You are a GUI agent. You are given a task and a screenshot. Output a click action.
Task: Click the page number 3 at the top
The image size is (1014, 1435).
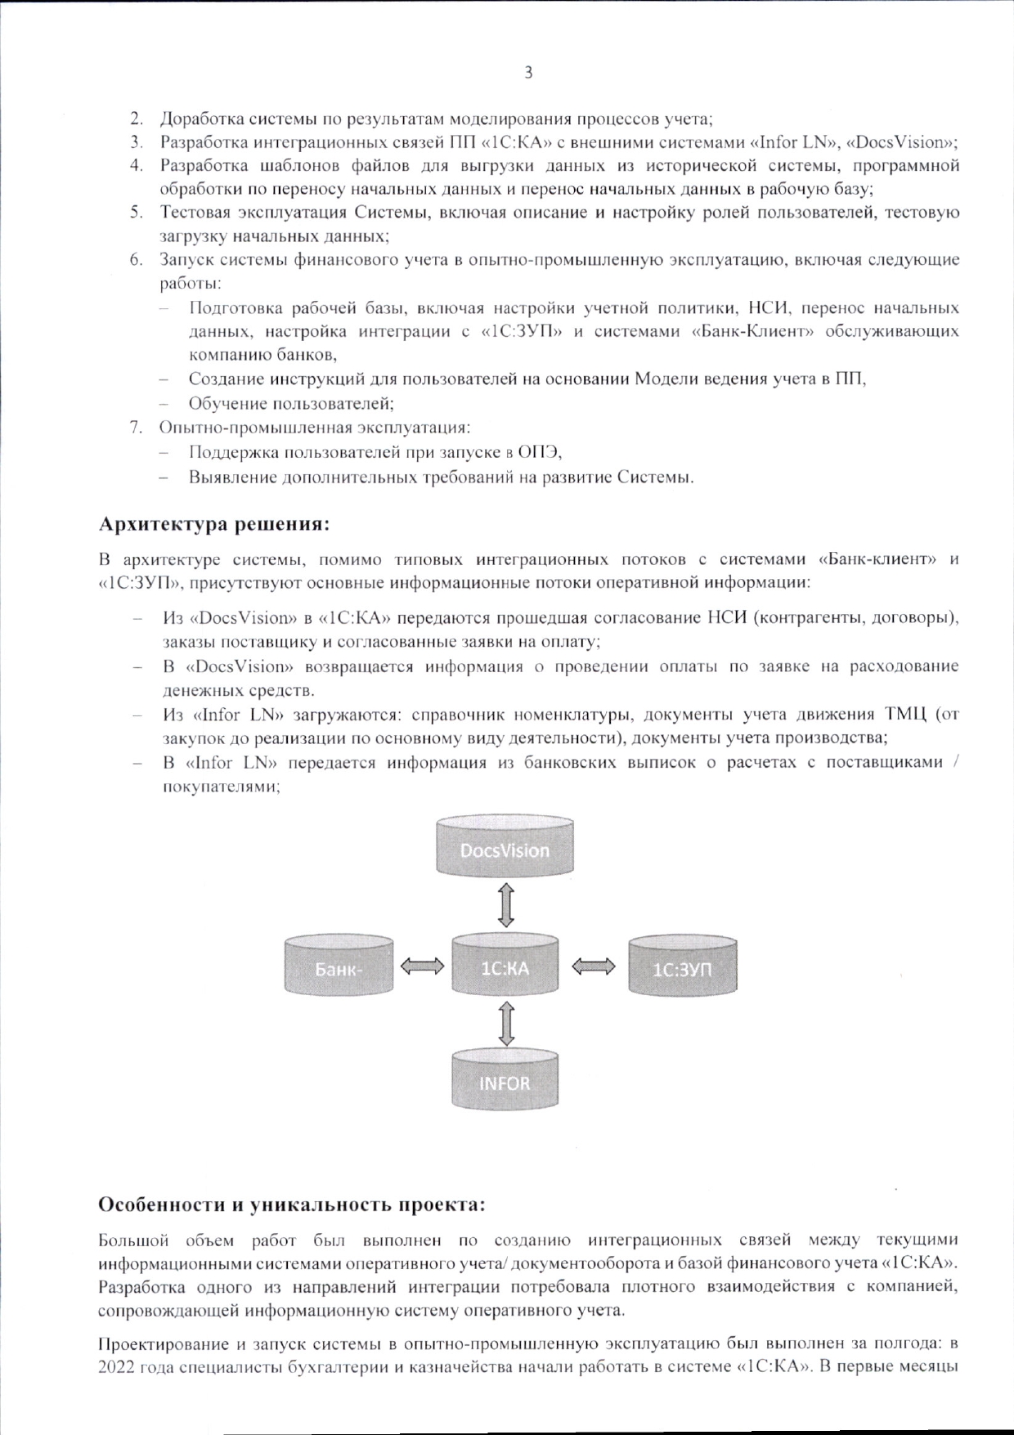[528, 73]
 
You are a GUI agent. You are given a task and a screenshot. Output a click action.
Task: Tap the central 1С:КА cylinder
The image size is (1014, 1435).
[505, 968]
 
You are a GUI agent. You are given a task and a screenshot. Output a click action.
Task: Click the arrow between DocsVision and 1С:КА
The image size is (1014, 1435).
[505, 906]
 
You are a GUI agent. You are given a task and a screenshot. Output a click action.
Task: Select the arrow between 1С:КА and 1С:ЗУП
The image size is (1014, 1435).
[594, 968]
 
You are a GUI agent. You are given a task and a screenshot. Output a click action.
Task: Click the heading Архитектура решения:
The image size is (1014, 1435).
[214, 522]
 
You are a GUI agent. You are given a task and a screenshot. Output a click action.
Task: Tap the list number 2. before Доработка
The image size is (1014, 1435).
[137, 119]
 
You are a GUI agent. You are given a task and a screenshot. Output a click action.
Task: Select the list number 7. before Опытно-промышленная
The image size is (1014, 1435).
[137, 428]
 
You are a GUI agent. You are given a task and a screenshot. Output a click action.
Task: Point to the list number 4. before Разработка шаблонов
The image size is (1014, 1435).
[137, 166]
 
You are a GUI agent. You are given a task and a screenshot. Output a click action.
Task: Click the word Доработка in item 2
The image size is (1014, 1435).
[196, 119]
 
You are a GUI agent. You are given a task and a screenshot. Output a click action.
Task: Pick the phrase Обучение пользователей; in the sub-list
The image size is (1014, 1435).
[292, 404]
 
